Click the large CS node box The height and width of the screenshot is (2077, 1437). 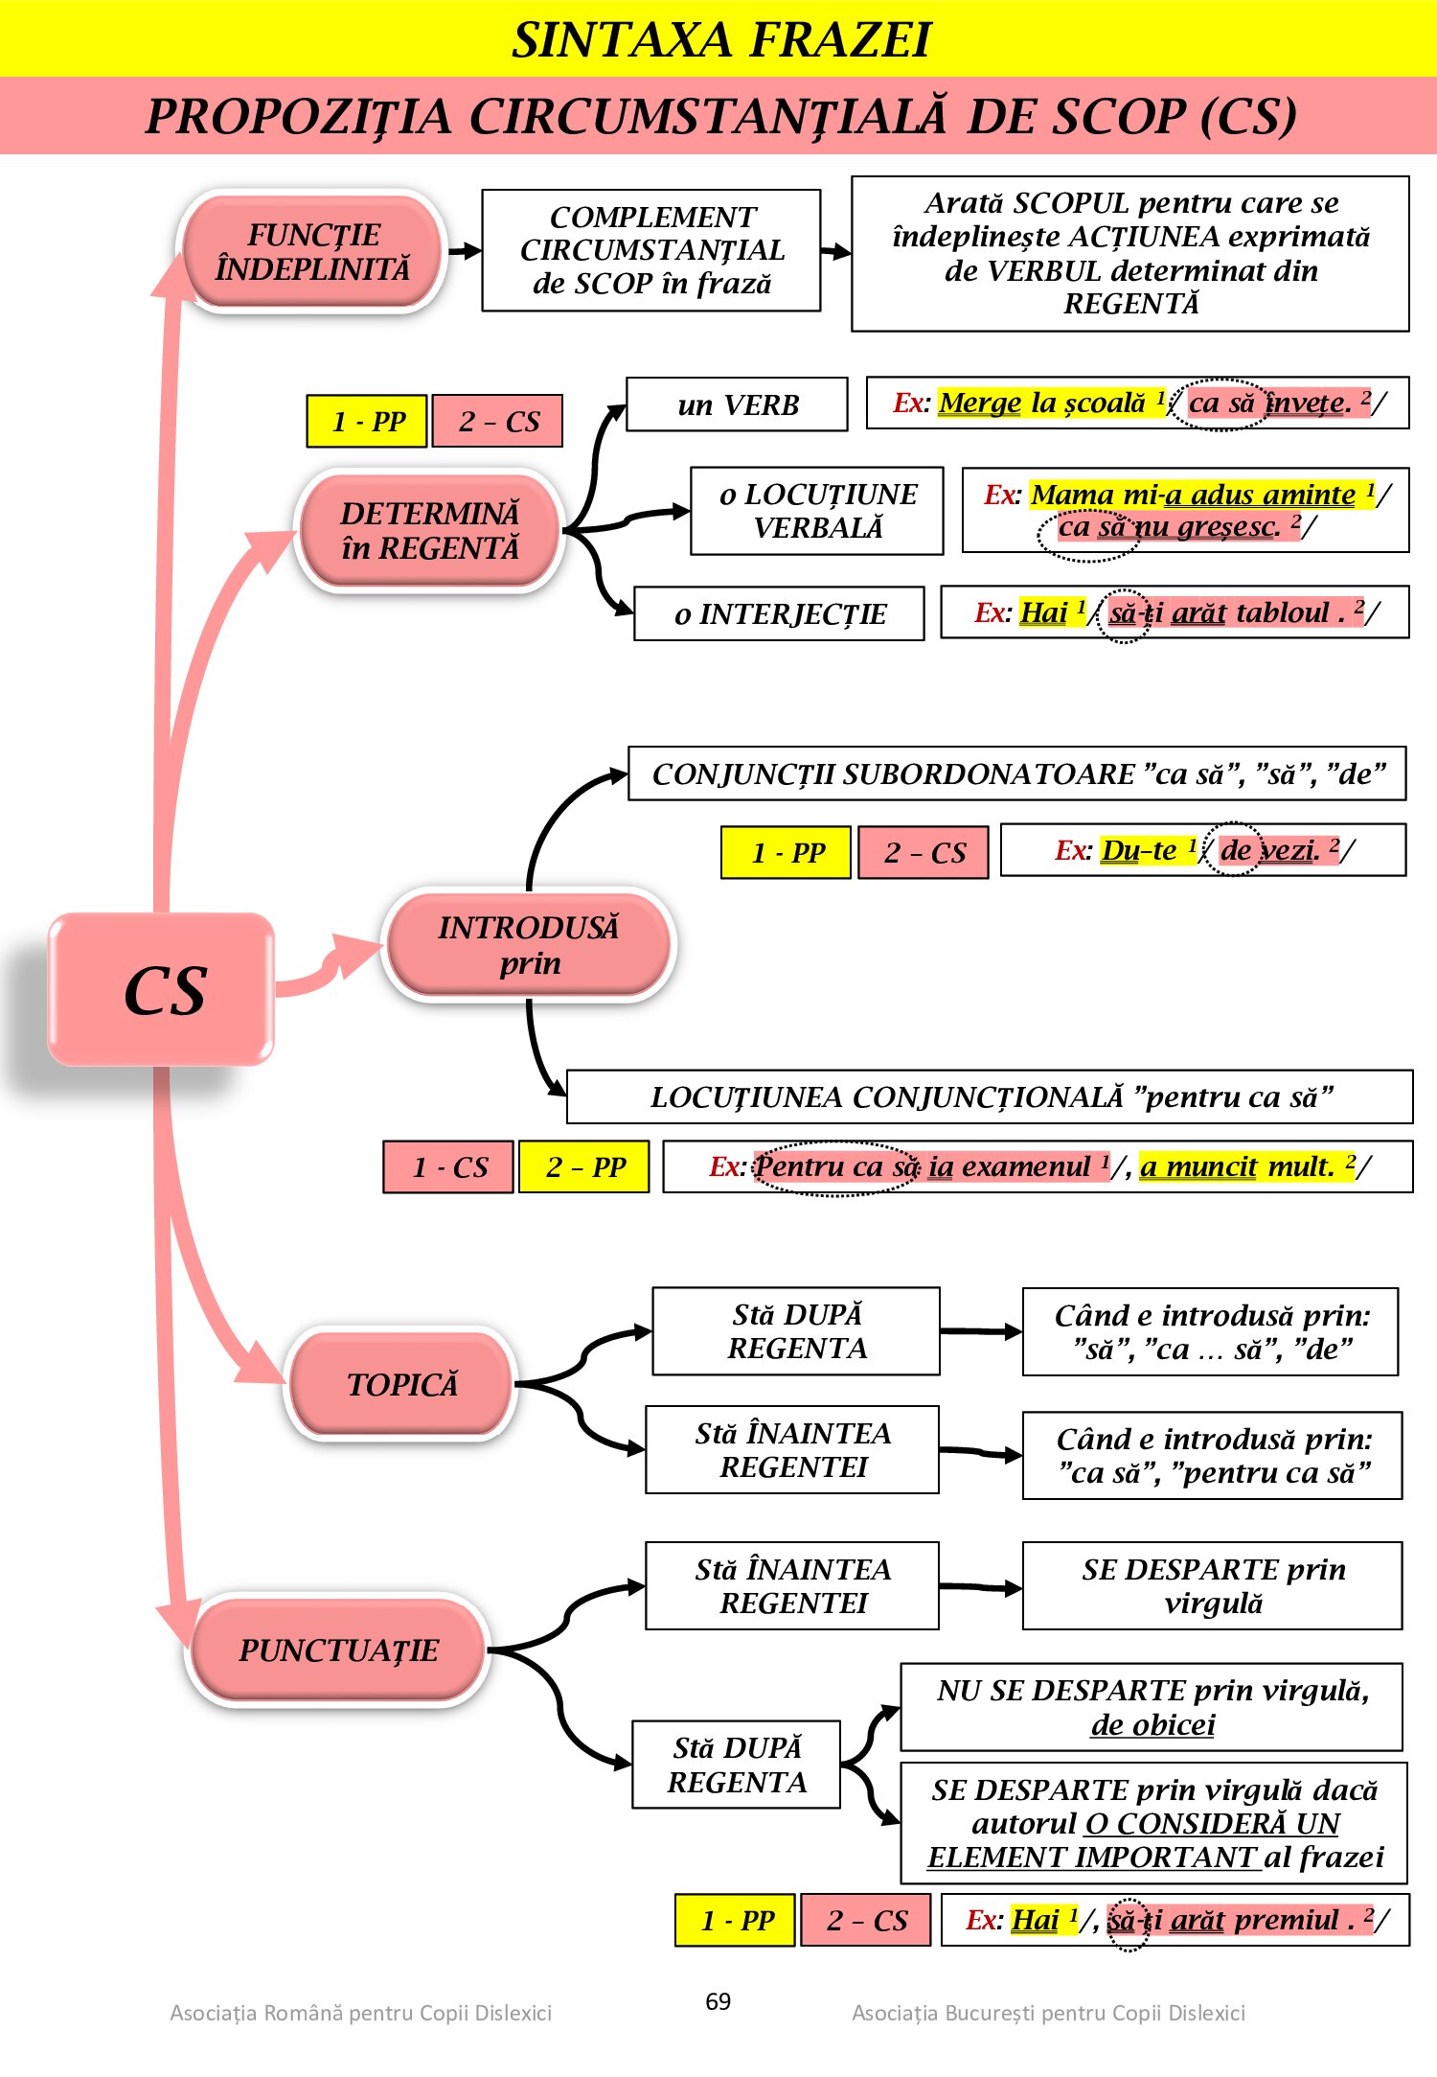(x=162, y=989)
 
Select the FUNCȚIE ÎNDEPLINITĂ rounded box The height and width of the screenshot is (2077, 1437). (x=312, y=252)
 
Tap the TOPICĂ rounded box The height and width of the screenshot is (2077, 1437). (x=401, y=1384)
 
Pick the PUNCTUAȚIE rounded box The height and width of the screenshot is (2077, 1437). (x=338, y=1650)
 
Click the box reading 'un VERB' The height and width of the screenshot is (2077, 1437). (x=737, y=404)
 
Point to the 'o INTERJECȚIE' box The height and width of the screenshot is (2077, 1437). (x=779, y=613)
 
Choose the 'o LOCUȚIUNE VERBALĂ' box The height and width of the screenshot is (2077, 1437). (x=817, y=511)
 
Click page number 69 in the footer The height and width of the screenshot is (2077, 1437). (x=718, y=2001)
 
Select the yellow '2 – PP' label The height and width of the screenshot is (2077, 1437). (x=584, y=1166)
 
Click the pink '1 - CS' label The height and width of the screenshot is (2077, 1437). (x=448, y=1166)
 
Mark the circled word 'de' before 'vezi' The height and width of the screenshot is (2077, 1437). (x=1235, y=850)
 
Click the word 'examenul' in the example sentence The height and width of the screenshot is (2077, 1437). (x=1025, y=1166)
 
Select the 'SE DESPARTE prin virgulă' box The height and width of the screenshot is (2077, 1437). (x=1213, y=1585)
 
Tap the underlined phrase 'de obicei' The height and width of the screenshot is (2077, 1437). (x=1152, y=1724)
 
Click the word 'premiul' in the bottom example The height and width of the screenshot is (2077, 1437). (x=1286, y=1920)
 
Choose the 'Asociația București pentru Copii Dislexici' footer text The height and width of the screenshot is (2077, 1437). (x=1048, y=2013)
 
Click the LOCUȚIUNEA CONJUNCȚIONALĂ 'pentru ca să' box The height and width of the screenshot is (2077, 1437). (x=990, y=1096)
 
